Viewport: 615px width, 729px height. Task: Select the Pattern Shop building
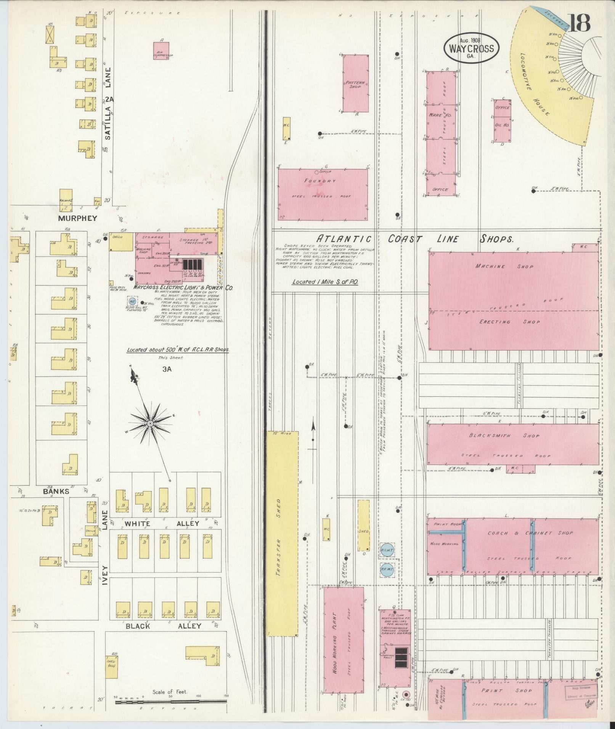(355, 83)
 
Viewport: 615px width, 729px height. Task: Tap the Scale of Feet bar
(171, 700)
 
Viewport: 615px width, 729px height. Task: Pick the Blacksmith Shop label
(504, 436)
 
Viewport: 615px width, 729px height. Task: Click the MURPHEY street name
(78, 218)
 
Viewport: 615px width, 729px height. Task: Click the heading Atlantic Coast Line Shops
(416, 239)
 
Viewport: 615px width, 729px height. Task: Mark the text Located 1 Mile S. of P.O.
(325, 282)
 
